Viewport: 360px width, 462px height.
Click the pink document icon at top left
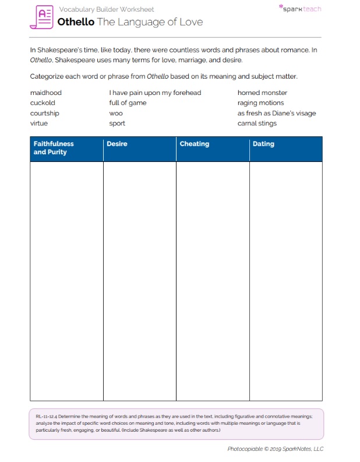tap(41, 17)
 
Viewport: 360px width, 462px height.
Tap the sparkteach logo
tap(301, 9)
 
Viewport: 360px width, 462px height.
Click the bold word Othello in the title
tap(76, 22)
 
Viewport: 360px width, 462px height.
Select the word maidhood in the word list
tap(45, 93)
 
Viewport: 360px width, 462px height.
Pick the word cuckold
tap(43, 103)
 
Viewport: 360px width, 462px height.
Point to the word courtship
tap(44, 113)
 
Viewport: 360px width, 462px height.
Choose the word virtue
tap(39, 123)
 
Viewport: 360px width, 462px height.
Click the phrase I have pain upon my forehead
tap(155, 93)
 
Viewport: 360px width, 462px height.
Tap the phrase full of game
tap(128, 103)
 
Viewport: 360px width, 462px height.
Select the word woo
tap(116, 113)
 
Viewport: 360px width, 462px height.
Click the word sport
tap(117, 124)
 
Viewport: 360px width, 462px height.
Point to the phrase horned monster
tap(262, 93)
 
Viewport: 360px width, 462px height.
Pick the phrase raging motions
tap(260, 103)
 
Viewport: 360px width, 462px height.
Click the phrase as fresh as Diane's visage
tap(277, 113)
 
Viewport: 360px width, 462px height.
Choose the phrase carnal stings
tap(257, 123)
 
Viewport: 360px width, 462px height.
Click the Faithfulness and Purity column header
tap(54, 148)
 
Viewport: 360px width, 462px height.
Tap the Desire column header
tap(117, 144)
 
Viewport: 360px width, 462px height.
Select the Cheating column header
tap(195, 144)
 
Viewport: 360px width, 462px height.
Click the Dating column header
tap(263, 144)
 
